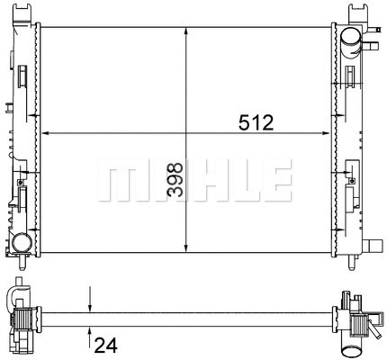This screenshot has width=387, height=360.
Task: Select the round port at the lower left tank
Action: click(x=21, y=243)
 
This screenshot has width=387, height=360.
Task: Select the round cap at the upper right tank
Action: click(x=350, y=37)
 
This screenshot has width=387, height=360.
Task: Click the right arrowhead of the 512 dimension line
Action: click(x=327, y=133)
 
